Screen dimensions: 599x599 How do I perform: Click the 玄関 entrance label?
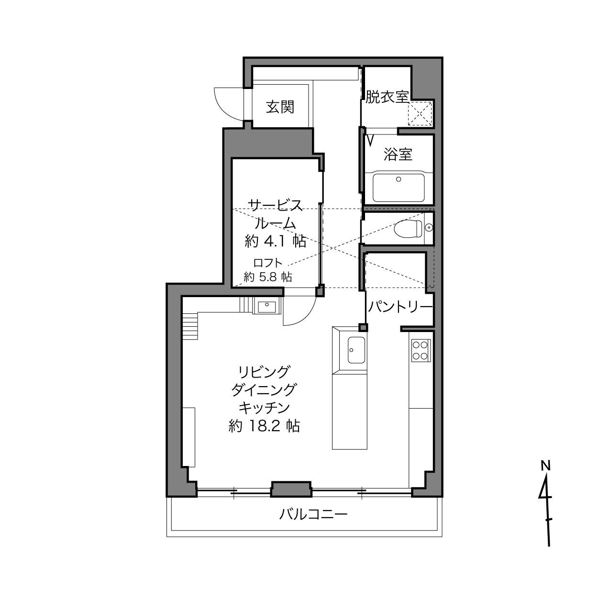click(280, 107)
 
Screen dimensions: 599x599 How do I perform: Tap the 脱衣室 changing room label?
click(387, 97)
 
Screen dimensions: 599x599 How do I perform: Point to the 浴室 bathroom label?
click(398, 154)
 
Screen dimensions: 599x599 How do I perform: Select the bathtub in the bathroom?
click(399, 188)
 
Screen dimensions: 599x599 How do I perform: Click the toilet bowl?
click(408, 229)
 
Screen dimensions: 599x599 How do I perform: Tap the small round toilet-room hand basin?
click(429, 228)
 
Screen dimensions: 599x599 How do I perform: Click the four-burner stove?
click(421, 350)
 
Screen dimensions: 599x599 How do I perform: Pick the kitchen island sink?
click(356, 350)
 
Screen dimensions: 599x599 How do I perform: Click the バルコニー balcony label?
click(313, 514)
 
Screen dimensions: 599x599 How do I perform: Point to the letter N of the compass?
click(545, 466)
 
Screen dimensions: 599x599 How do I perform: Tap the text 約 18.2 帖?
click(264, 426)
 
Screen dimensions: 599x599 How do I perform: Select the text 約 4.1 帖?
click(276, 241)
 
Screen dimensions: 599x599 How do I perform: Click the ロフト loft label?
click(267, 263)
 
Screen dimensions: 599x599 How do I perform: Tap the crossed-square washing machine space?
click(420, 113)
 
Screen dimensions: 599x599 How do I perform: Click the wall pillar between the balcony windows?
click(291, 489)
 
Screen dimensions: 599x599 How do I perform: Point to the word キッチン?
click(264, 408)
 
